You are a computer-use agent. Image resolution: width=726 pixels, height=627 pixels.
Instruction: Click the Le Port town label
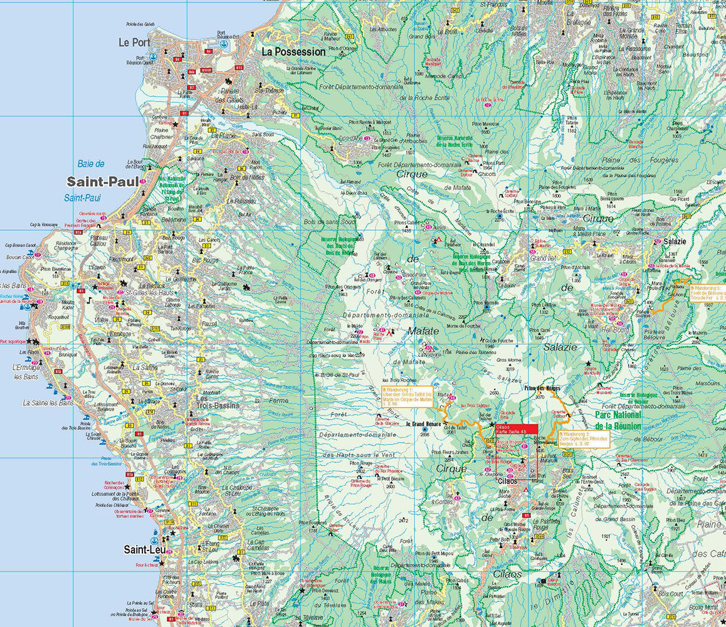134,42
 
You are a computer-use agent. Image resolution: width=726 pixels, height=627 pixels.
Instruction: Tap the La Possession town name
293,51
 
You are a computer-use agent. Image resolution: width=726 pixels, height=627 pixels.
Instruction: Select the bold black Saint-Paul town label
102,181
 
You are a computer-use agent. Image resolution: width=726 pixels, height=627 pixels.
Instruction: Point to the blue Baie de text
91,164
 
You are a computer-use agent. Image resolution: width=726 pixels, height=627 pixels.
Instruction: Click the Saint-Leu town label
144,550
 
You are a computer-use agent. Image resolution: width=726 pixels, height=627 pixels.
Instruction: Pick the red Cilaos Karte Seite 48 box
516,429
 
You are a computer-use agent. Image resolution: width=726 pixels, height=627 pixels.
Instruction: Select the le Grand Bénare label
424,424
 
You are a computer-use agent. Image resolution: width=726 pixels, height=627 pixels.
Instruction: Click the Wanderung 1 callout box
408,397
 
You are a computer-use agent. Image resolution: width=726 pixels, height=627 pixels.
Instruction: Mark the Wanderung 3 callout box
707,293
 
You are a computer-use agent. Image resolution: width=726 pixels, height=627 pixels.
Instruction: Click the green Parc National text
618,415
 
